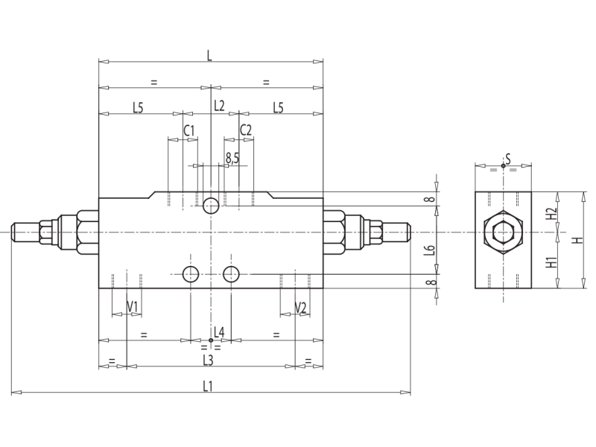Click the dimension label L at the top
[209, 54]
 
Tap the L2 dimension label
[219, 106]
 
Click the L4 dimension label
[219, 331]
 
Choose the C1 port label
[189, 130]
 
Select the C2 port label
[246, 130]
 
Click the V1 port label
[133, 307]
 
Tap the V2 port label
[300, 307]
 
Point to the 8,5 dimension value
[232, 157]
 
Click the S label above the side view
[507, 158]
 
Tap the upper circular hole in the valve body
[211, 204]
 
